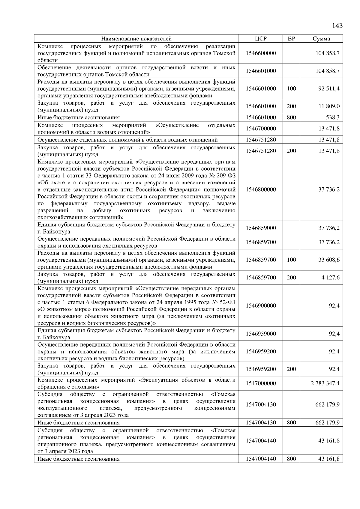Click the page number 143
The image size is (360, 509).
pos(337,25)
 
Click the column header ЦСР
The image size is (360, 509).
pos(260,39)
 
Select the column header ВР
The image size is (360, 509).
pos(291,39)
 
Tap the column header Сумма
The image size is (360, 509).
pos(321,39)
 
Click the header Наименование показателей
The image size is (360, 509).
pos(136,39)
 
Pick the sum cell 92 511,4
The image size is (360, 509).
pos(329,89)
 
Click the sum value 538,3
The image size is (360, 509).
pos(332,118)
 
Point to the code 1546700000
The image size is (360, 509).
pos(260,129)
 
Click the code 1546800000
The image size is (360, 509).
pos(260,189)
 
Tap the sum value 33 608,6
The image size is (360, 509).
pos(329,260)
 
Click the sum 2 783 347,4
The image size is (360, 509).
pos(325,383)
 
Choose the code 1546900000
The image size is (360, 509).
pos(260,306)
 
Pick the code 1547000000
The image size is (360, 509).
pos(260,383)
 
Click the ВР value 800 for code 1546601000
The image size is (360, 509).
pos(291,118)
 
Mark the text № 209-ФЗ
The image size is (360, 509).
pos(223,176)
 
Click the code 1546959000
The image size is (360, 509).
pos(260,334)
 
